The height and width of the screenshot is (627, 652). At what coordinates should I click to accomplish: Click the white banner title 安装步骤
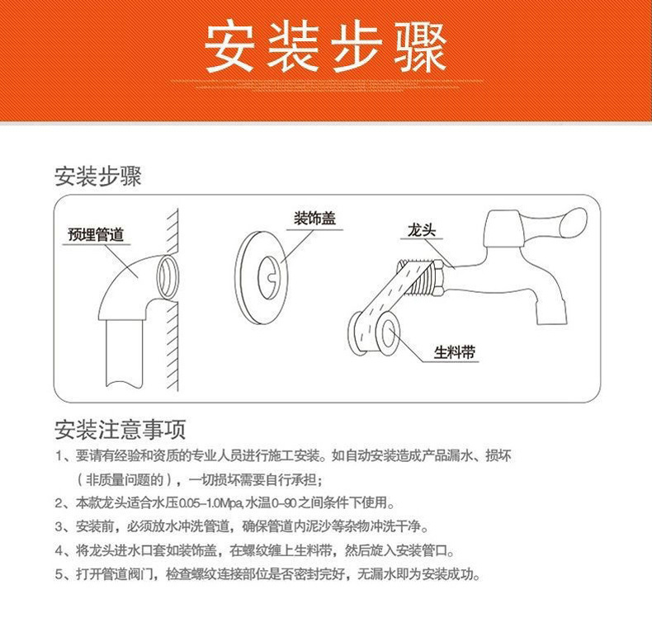(x=325, y=46)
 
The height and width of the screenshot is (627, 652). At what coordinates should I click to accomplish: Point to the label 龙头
(x=420, y=230)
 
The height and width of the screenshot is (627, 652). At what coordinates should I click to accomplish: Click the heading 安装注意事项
(x=120, y=429)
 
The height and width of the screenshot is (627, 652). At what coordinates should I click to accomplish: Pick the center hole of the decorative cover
(x=269, y=271)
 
